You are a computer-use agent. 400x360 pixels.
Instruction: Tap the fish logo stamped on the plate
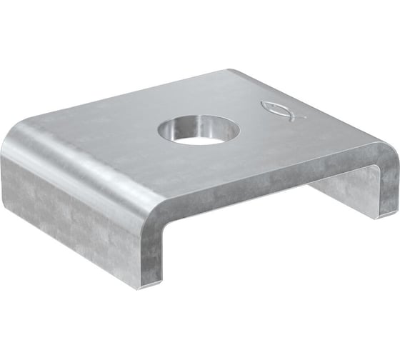coord(280,109)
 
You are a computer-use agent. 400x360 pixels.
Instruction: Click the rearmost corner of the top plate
coord(230,70)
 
